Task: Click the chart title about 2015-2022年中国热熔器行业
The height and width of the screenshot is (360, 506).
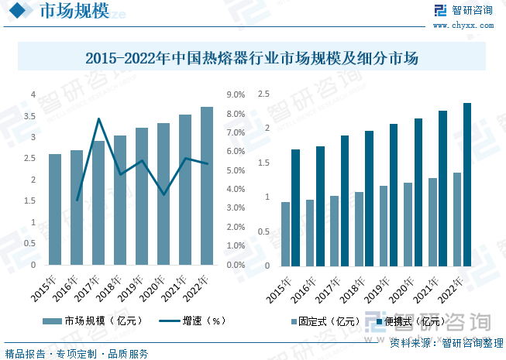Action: (x=252, y=57)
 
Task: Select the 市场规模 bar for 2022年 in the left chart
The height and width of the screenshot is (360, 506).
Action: (x=207, y=187)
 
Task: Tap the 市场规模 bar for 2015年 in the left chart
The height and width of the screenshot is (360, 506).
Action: (x=55, y=210)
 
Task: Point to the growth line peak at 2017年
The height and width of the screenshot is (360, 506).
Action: (x=98, y=119)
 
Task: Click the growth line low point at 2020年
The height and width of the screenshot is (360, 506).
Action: (x=164, y=194)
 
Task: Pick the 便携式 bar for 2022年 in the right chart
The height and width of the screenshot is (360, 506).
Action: (x=467, y=185)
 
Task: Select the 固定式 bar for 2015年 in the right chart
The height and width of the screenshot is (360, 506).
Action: (x=285, y=234)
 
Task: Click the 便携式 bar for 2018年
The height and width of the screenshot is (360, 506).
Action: (x=370, y=199)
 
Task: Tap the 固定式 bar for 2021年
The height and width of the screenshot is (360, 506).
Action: (x=433, y=222)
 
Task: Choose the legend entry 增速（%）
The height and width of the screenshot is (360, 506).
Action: (x=194, y=321)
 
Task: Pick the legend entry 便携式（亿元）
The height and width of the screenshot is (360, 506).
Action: (x=410, y=321)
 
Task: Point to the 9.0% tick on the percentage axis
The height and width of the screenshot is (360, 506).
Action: (x=236, y=95)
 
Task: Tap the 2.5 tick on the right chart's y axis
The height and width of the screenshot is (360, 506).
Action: (x=263, y=94)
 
